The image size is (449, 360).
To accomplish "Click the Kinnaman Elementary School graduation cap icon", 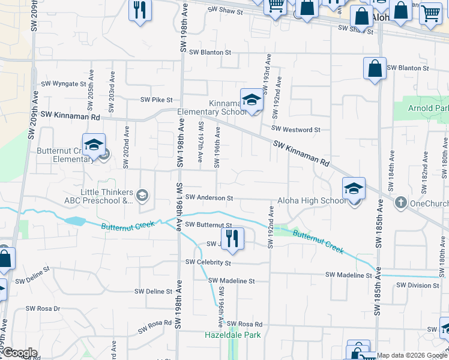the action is pos(252,100).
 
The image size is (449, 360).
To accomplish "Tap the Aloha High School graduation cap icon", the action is pos(354,189).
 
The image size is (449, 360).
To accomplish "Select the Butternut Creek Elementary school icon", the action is pos(94,145).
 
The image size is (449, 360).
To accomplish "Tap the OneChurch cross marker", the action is pos(401,203).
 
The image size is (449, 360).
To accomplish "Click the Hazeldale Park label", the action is pos(233,335).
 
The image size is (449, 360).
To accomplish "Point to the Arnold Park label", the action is pos(428,109).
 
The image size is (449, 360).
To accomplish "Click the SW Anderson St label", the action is pos(209,197).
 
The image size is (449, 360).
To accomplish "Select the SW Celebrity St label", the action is pos(208,262).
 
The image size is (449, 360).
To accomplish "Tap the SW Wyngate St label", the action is pos(64,84).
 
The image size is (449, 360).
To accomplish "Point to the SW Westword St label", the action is pos(295,129).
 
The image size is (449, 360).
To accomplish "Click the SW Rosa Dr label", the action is pos(43,309).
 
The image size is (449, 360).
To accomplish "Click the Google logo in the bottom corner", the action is pos(19,353).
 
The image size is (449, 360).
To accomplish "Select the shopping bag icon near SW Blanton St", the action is pos(374,68).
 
